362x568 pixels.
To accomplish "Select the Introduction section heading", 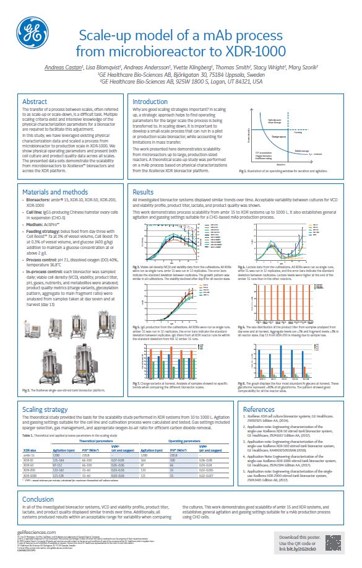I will (150, 102).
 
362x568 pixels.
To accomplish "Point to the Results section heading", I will (144, 175).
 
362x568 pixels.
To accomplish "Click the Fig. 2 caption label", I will (27, 391).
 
